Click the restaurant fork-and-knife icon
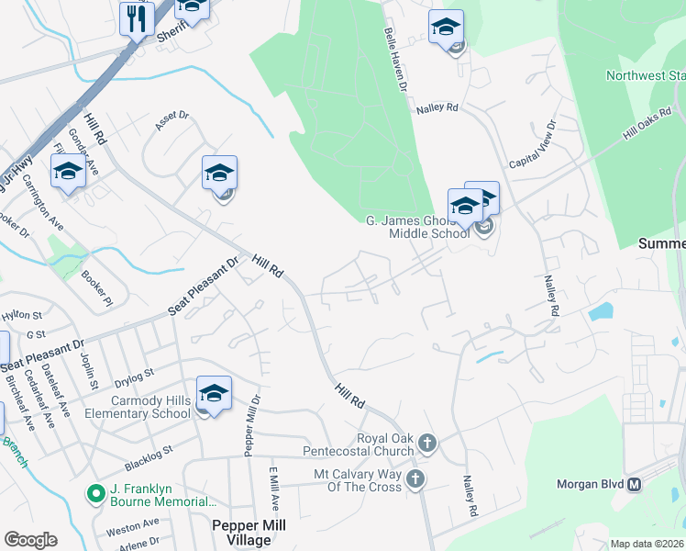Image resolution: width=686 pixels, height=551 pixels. point(137,17)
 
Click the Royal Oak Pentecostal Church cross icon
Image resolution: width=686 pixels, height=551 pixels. point(426,444)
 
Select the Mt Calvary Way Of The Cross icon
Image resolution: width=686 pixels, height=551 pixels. point(415,478)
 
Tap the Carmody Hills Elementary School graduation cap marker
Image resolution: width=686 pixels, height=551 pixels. point(214,394)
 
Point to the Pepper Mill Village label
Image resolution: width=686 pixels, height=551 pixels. point(249,533)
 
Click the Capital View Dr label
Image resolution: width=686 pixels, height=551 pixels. point(533,145)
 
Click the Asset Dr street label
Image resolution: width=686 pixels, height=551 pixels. point(171,121)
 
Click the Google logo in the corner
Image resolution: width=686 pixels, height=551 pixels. point(30,540)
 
